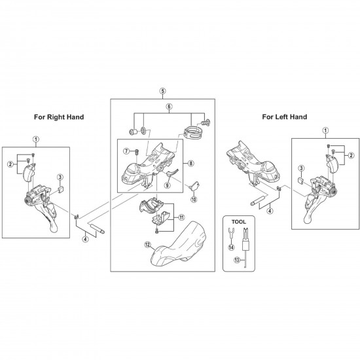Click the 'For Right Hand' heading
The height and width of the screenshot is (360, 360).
click(59, 117)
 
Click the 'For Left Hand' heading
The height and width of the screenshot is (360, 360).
click(285, 117)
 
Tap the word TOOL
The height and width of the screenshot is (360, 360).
click(238, 222)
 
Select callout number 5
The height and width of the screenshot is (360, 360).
click(162, 91)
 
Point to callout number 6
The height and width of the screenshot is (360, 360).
click(169, 107)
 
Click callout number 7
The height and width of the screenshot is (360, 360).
click(126, 151)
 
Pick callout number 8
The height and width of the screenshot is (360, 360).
click(190, 164)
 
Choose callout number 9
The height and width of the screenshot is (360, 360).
click(167, 185)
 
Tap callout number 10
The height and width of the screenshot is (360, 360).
click(194, 199)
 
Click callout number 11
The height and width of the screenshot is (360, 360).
click(181, 217)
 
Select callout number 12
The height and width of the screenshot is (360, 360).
click(147, 245)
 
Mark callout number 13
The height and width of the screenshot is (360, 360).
click(237, 260)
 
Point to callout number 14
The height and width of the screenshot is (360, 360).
click(231, 247)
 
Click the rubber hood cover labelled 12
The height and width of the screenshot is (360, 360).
click(179, 244)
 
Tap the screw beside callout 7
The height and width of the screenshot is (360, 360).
click(137, 152)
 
